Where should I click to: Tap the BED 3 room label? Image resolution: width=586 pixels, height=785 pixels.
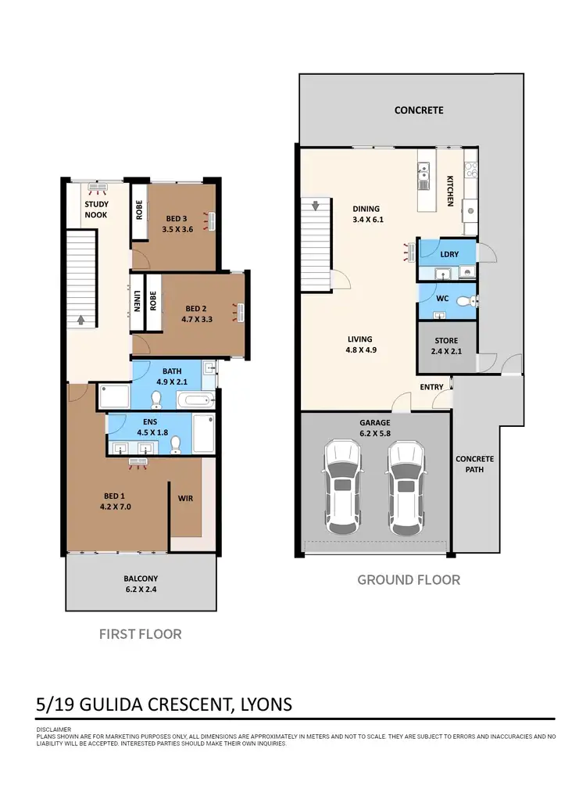click(177, 219)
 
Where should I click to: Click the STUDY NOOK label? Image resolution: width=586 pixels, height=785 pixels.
click(96, 210)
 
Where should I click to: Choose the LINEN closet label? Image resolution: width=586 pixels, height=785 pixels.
click(137, 301)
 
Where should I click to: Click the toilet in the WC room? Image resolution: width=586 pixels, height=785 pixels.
click(463, 301)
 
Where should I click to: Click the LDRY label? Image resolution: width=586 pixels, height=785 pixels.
click(449, 254)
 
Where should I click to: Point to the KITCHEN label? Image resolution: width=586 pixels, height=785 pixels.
click(450, 190)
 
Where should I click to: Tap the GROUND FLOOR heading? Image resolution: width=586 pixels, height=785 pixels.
click(409, 579)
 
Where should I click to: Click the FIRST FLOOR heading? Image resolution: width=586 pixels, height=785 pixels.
click(140, 633)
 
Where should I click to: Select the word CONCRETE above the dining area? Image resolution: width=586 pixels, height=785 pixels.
click(419, 110)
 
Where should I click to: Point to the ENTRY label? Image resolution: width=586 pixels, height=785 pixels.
click(431, 387)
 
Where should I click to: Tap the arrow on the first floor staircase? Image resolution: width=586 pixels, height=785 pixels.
click(81, 319)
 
